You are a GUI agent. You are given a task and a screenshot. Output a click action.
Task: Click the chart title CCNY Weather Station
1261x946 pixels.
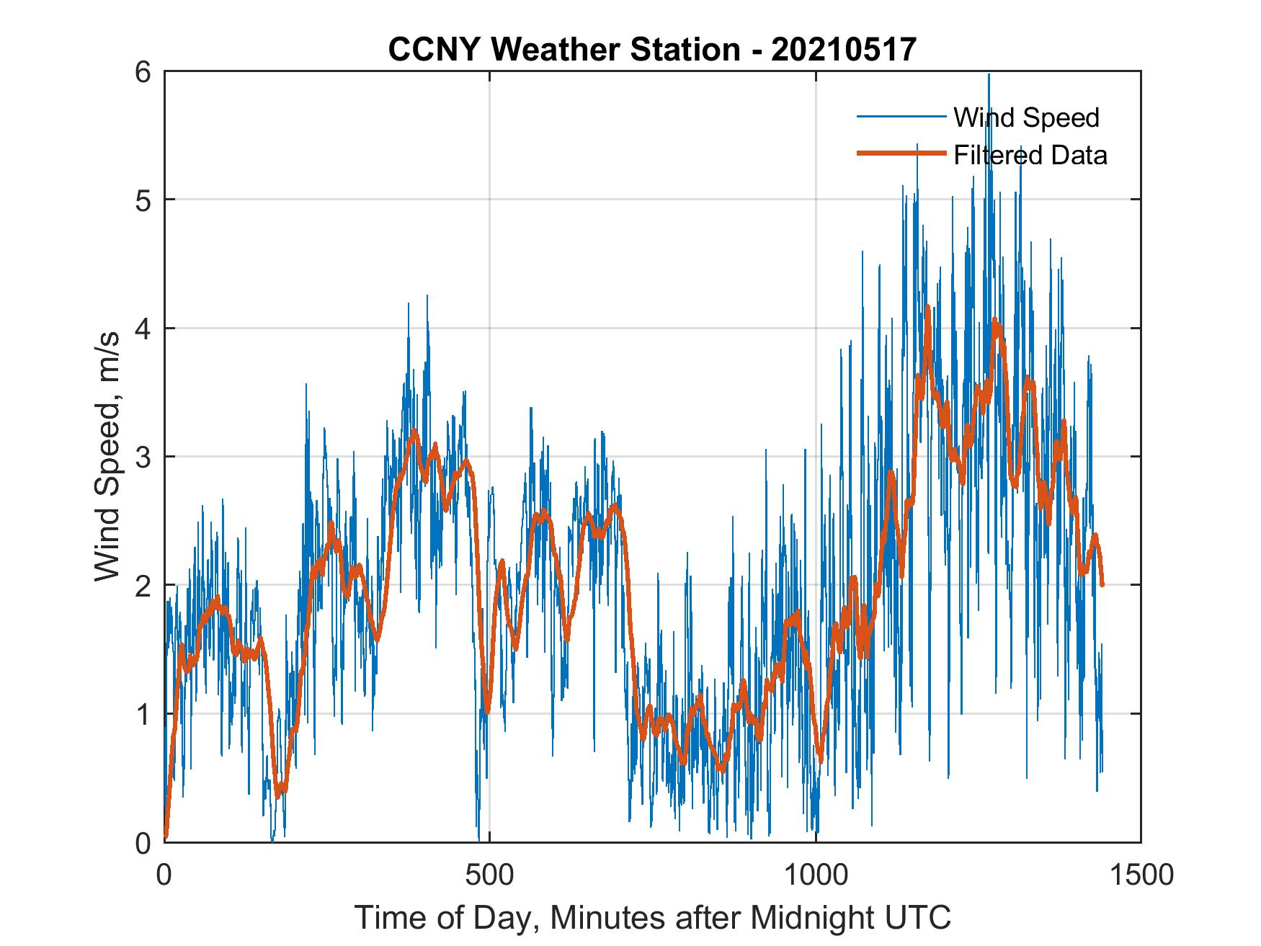click(x=563, y=49)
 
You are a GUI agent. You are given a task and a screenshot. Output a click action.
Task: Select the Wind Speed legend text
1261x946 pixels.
click(x=1026, y=117)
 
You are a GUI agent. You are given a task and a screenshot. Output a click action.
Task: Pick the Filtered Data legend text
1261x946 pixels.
click(x=1030, y=155)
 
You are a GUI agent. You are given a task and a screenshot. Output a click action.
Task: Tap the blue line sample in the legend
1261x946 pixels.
click(x=901, y=117)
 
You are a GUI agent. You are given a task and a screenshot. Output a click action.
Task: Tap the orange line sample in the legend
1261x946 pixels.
click(x=901, y=154)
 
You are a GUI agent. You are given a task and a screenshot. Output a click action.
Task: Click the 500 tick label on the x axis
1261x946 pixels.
click(x=489, y=875)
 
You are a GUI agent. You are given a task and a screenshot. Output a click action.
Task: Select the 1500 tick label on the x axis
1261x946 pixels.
click(x=1141, y=875)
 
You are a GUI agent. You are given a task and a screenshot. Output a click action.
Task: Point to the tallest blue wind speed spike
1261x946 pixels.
click(x=989, y=75)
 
